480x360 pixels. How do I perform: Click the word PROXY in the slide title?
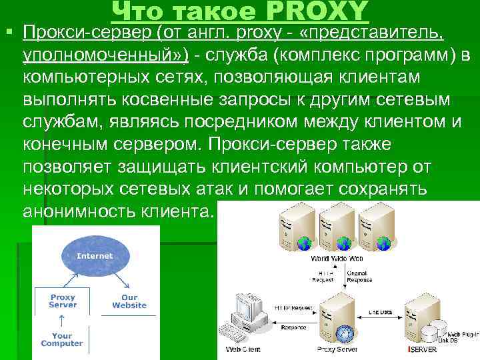[319, 10]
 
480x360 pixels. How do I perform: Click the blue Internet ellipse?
[95, 256]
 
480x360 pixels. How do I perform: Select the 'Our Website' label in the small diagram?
[129, 301]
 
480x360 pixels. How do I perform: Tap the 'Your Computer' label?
[61, 340]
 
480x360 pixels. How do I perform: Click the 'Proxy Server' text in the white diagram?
[62, 301]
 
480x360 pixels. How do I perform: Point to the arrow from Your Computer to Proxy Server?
[61, 321]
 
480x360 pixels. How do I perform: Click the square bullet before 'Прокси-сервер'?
[9, 31]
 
